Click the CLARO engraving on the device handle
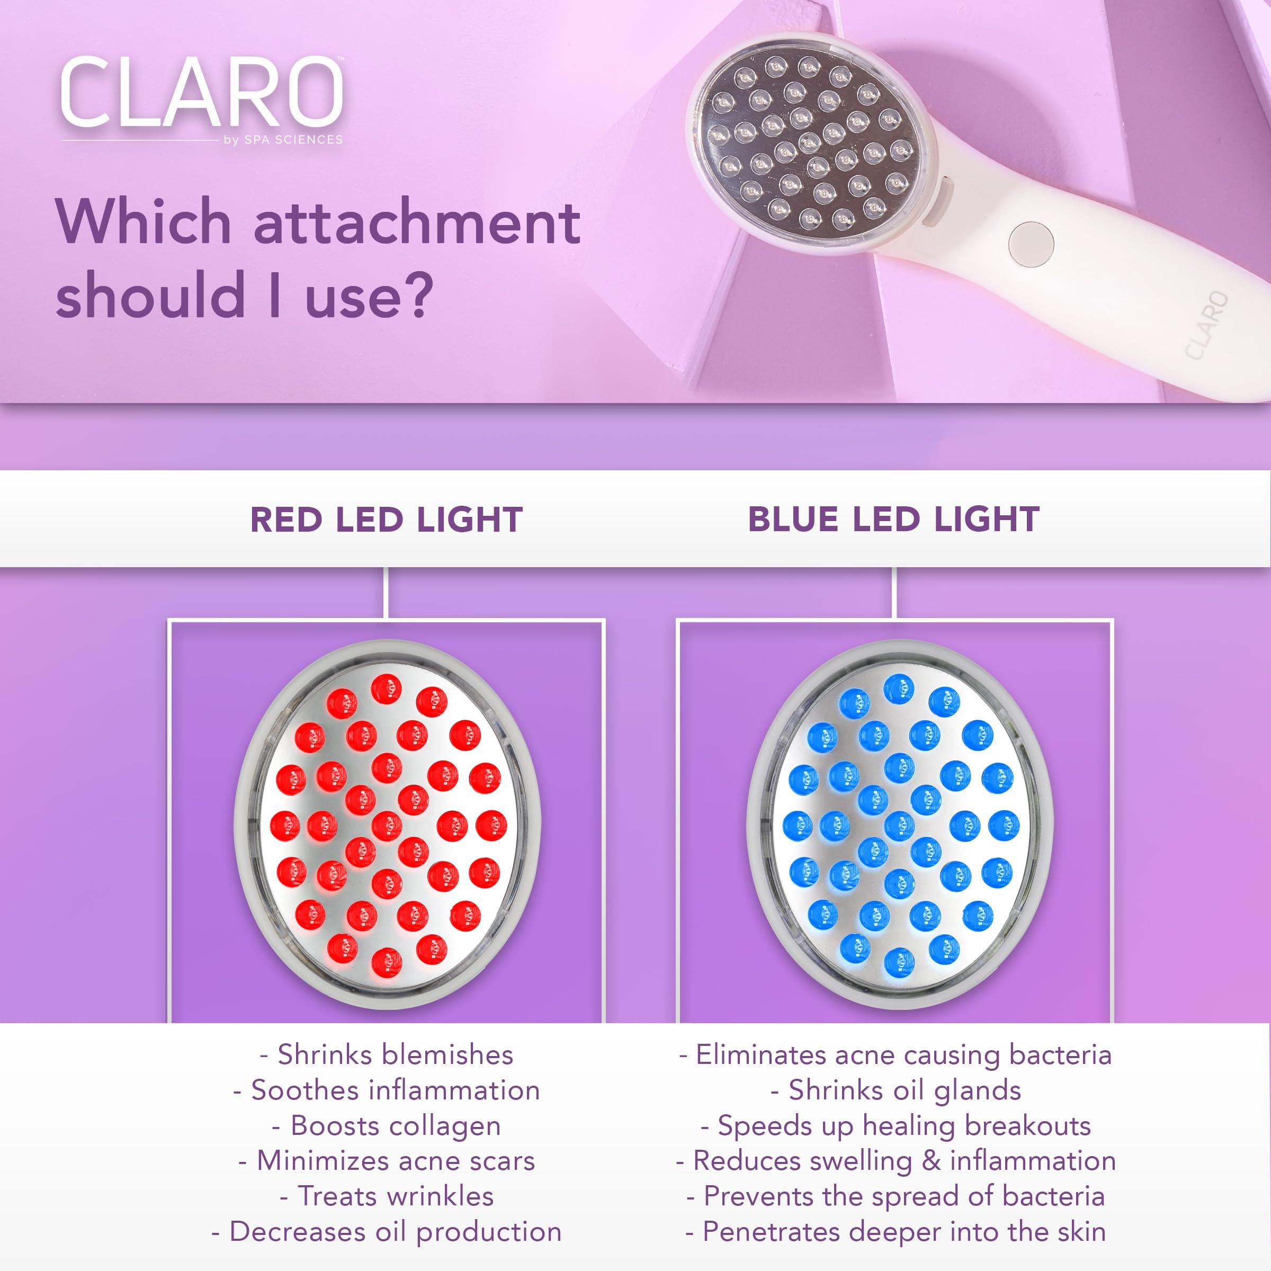(1207, 325)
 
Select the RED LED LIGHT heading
(386, 520)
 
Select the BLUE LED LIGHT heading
(893, 520)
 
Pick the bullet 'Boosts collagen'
(387, 1125)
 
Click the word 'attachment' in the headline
(416, 222)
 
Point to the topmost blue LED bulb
(899, 688)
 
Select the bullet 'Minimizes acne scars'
(387, 1161)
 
